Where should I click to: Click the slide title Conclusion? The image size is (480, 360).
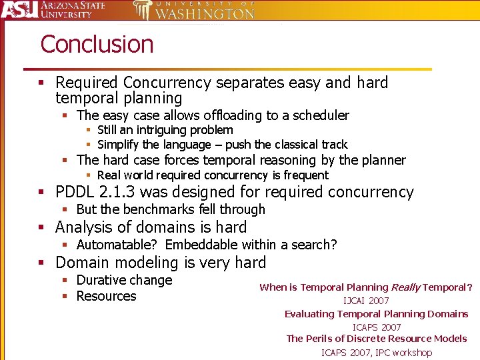(x=97, y=45)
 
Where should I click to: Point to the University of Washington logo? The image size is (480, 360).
(x=193, y=10)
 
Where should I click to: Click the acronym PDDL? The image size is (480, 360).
(x=76, y=193)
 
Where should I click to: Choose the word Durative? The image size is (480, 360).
(x=101, y=280)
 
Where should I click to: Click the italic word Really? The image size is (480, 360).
(x=405, y=287)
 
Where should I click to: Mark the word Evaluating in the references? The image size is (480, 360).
(x=311, y=314)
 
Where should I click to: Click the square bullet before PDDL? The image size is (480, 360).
(x=41, y=193)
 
